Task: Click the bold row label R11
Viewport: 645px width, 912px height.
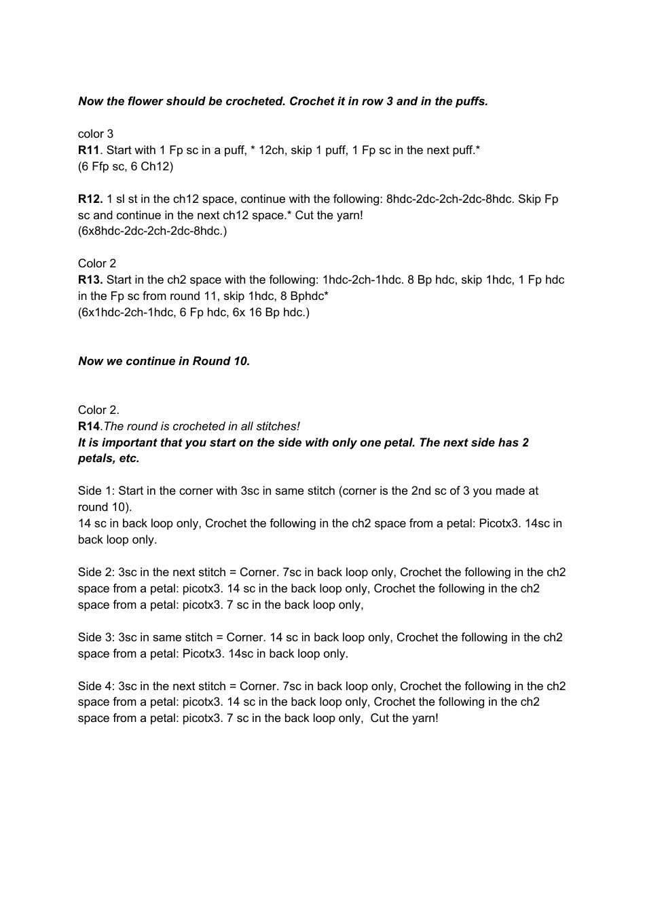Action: coord(89,150)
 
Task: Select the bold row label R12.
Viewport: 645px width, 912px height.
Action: coord(90,199)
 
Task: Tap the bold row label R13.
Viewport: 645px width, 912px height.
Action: coord(90,280)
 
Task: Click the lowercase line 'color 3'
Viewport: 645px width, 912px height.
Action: coord(96,134)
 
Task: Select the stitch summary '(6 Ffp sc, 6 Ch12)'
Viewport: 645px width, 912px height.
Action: coord(126,166)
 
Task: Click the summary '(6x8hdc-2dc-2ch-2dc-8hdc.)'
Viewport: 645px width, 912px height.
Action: coord(152,231)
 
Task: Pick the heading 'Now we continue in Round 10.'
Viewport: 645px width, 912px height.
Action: coord(164,361)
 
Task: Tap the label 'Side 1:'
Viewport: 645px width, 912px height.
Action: coord(96,491)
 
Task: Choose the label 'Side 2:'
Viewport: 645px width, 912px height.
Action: coord(96,572)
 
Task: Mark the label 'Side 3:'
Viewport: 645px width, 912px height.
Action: coord(96,637)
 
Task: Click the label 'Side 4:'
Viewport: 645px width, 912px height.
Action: coord(96,686)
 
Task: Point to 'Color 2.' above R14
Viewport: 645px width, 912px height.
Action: coord(98,410)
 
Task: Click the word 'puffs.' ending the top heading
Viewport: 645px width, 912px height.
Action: coord(472,101)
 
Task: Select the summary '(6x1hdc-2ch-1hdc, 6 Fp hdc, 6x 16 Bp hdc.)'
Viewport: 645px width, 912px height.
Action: coord(193,312)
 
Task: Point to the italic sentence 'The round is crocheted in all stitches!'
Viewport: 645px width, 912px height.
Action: coord(202,426)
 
